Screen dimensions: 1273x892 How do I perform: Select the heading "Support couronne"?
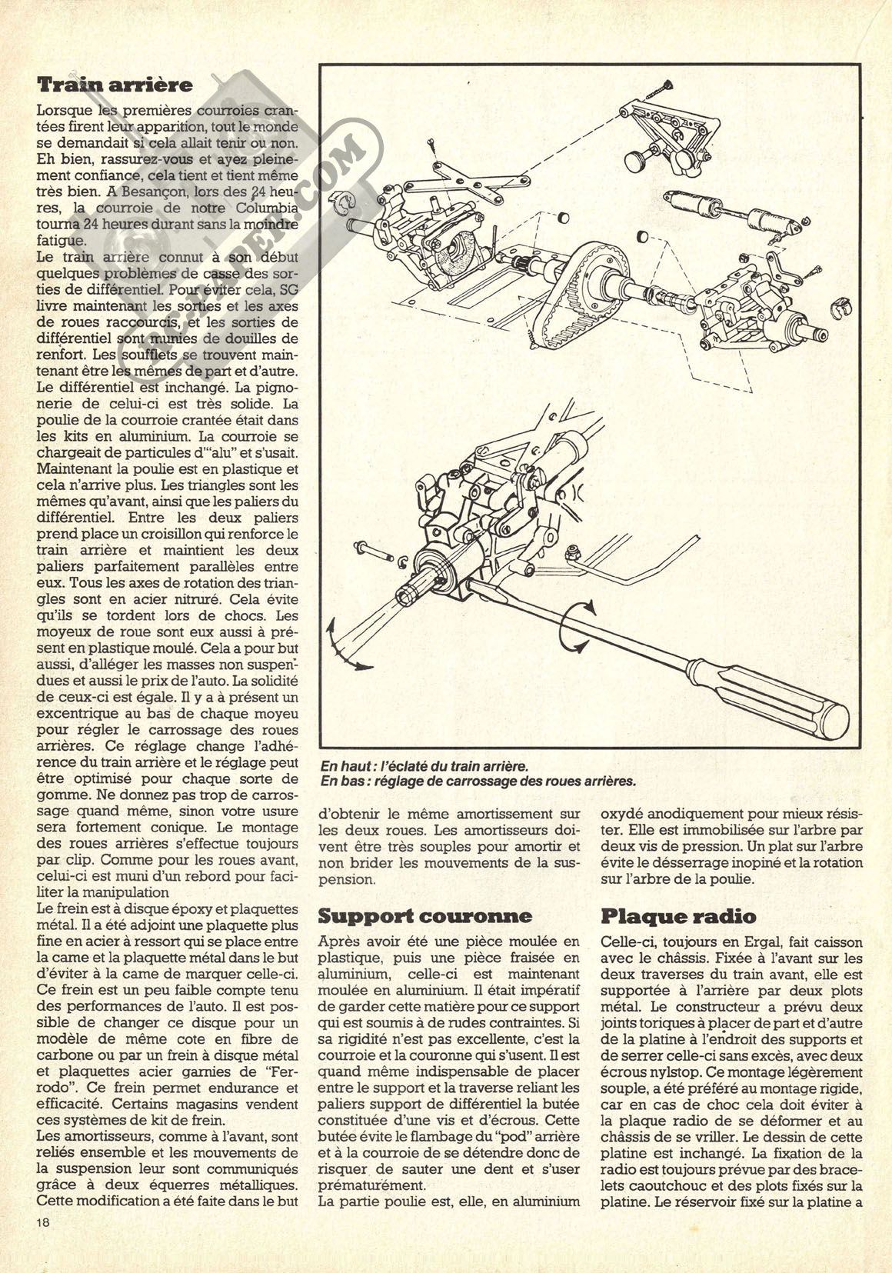tap(424, 915)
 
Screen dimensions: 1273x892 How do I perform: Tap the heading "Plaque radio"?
tap(677, 916)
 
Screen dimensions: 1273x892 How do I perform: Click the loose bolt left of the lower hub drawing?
tap(371, 549)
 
